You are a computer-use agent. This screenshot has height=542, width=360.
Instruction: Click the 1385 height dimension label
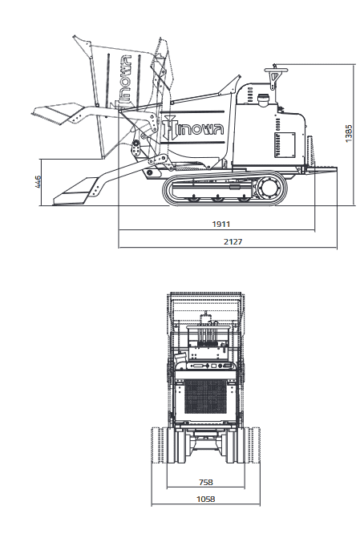point(349,133)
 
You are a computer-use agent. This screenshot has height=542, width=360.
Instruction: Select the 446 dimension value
point(38,182)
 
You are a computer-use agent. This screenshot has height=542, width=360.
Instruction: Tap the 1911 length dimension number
point(221,224)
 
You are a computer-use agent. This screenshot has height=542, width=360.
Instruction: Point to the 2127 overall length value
point(233,241)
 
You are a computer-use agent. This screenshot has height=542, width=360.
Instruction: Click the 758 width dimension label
point(206,482)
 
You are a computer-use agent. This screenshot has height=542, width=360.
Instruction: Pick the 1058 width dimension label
point(206,499)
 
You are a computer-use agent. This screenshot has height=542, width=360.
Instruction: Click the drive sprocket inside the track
point(269,188)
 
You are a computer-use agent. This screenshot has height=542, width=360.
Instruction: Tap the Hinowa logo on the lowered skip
point(194,128)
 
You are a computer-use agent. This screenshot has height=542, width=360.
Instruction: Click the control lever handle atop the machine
point(276,71)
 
